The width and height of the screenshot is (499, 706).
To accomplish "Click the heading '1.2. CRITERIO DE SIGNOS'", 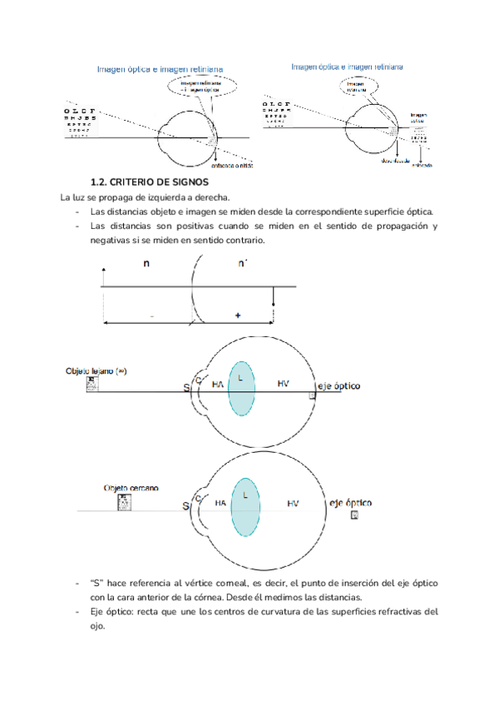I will pyautogui.click(x=149, y=181).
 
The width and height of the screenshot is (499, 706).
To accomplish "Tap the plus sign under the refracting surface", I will pyautogui.click(x=239, y=316).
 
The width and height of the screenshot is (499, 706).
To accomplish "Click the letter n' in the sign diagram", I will pyautogui.click(x=242, y=264).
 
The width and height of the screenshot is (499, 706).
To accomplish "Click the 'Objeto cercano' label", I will pyautogui.click(x=131, y=488).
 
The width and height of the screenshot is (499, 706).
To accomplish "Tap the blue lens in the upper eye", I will pyautogui.click(x=241, y=388).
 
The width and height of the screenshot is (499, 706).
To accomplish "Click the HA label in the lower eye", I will pyautogui.click(x=220, y=504).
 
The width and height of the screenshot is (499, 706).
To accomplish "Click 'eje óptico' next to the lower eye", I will pyautogui.click(x=351, y=503).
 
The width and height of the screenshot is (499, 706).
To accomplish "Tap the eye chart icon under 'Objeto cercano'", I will pyautogui.click(x=125, y=502).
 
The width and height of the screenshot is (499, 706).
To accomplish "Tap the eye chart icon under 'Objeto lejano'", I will pyautogui.click(x=92, y=383).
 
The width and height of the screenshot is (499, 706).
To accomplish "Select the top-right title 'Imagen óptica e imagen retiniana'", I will pyautogui.click(x=347, y=65).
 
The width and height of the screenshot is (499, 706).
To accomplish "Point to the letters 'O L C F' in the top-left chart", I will pyautogui.click(x=79, y=111).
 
